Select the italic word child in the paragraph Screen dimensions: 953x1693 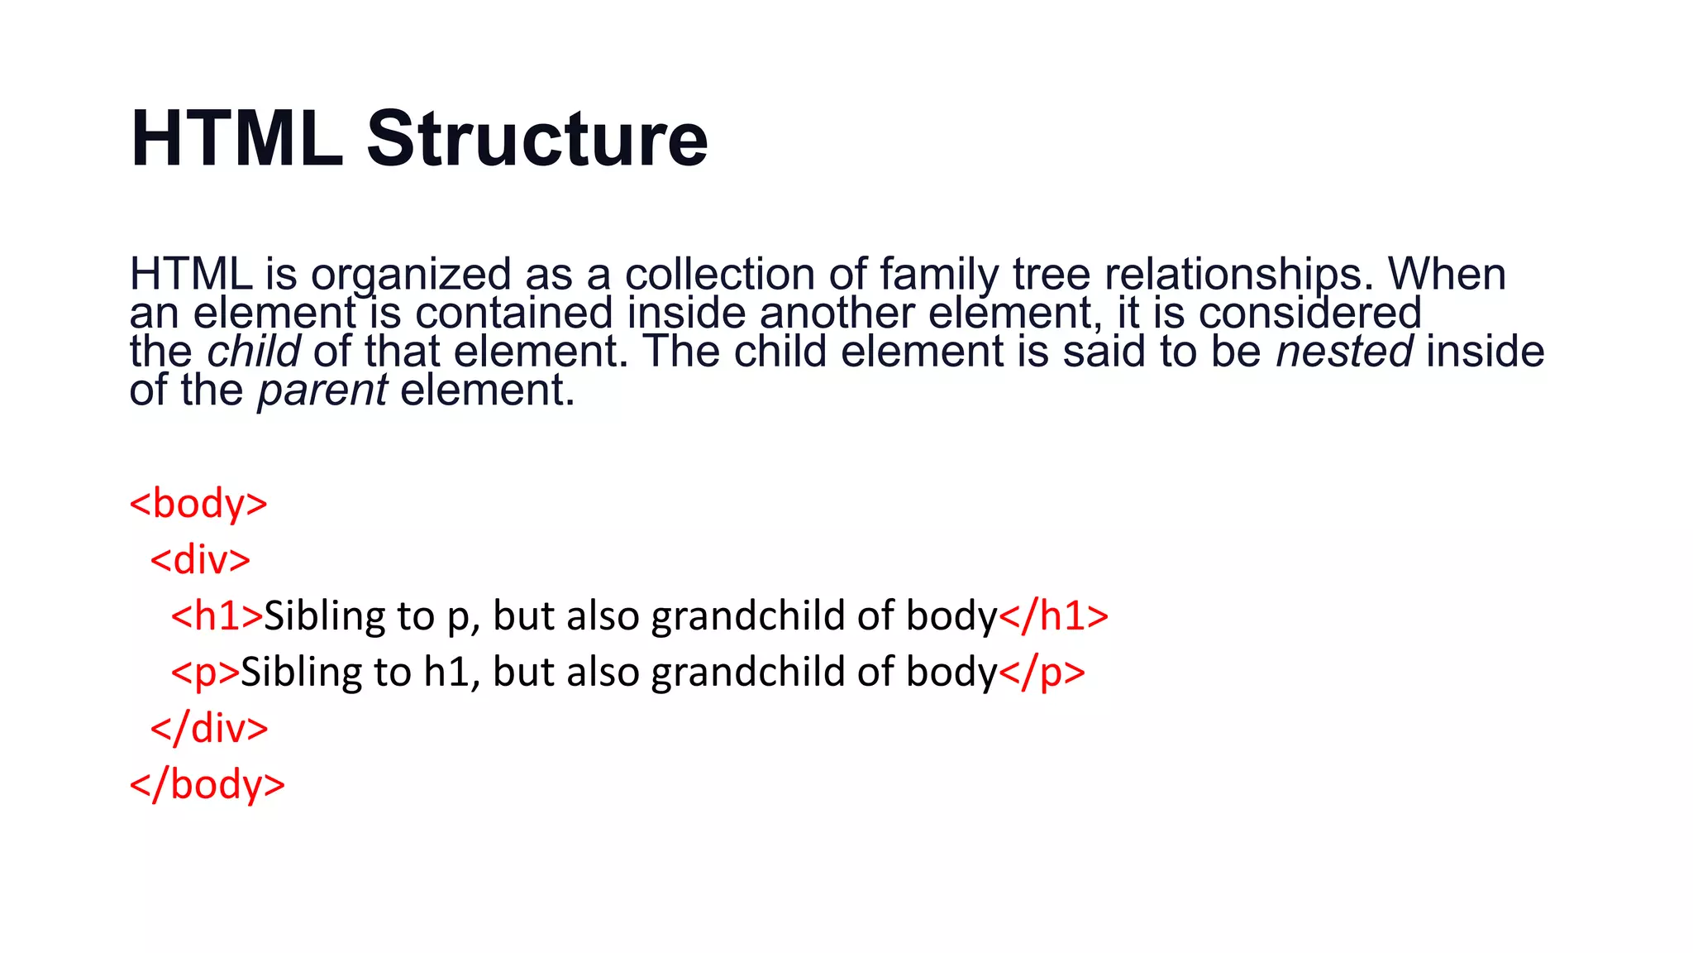tap(253, 352)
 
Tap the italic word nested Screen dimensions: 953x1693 tap(1344, 352)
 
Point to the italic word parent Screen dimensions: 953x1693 tap(322, 390)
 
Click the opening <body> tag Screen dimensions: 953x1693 tap(198, 503)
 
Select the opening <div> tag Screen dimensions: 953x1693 tap(200, 559)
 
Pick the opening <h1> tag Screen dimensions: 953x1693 tap(217, 615)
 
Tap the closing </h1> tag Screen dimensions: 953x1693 tap(1053, 615)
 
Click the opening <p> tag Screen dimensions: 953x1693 tap(205, 672)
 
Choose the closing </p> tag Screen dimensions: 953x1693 tap(1042, 672)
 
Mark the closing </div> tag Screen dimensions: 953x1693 tap(209, 728)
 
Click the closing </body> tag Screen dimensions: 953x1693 tap(207, 783)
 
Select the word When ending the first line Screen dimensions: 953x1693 tap(1447, 275)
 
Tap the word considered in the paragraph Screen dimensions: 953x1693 tap(1309, 314)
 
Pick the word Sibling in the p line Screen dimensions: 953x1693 tap(301, 672)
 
